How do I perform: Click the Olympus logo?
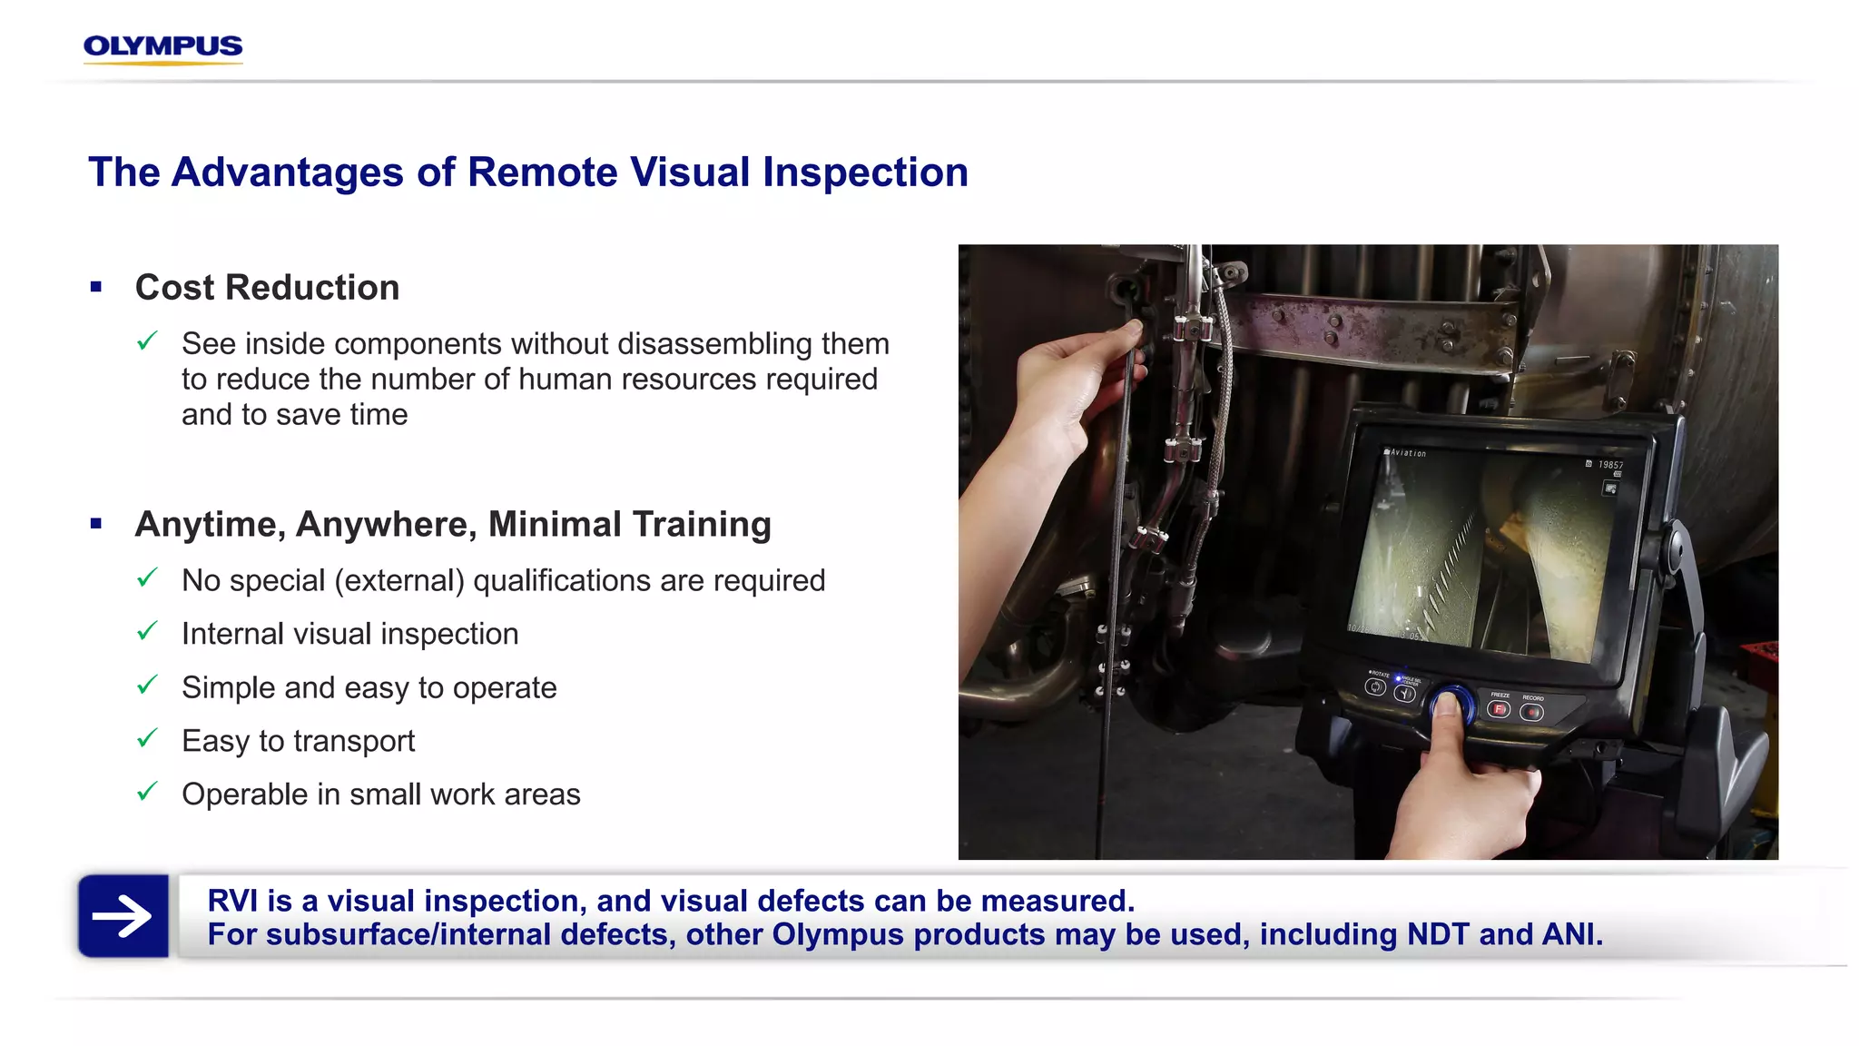(162, 47)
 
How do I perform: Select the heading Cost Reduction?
(267, 288)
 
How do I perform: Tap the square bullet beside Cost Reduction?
(96, 288)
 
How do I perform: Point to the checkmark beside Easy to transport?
(147, 739)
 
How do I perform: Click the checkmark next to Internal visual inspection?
(147, 632)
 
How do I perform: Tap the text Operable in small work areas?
(380, 794)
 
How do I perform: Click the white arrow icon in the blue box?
(123, 916)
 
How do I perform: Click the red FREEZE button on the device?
(1500, 709)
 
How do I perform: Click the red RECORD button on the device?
(1532, 713)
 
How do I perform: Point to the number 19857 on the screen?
(1610, 465)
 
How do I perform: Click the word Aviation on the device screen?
(1408, 452)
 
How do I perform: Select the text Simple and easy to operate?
(369, 688)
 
